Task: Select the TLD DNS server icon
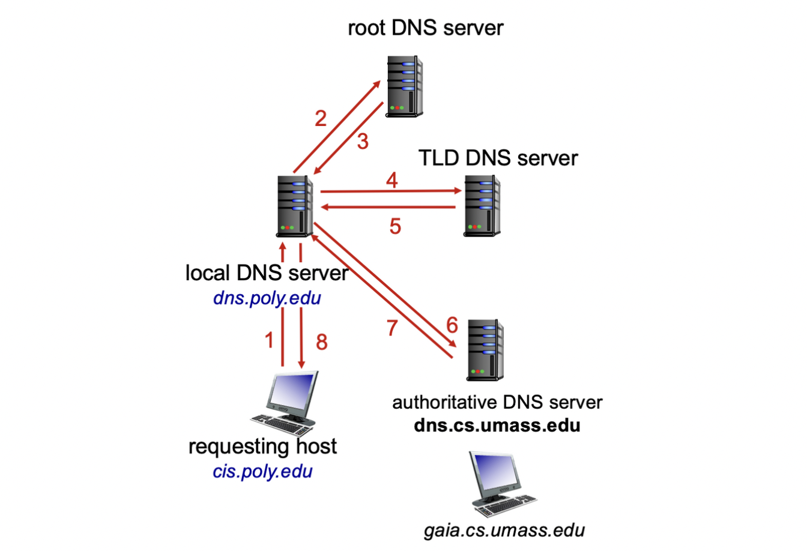[x=482, y=205]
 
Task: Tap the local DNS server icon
[x=295, y=206]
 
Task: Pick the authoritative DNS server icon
[x=485, y=351]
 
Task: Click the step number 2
[x=321, y=118]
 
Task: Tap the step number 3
[x=362, y=142]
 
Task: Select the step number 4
[x=392, y=179]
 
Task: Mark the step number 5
[x=394, y=226]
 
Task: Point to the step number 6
[x=452, y=325]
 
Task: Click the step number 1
[x=270, y=340]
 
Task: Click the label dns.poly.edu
[x=267, y=298]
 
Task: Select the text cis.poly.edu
[x=262, y=471]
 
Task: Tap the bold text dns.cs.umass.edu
[x=497, y=426]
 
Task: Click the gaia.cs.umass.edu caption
[x=504, y=531]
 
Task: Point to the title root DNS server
[x=426, y=28]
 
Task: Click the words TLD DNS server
[x=498, y=158]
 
